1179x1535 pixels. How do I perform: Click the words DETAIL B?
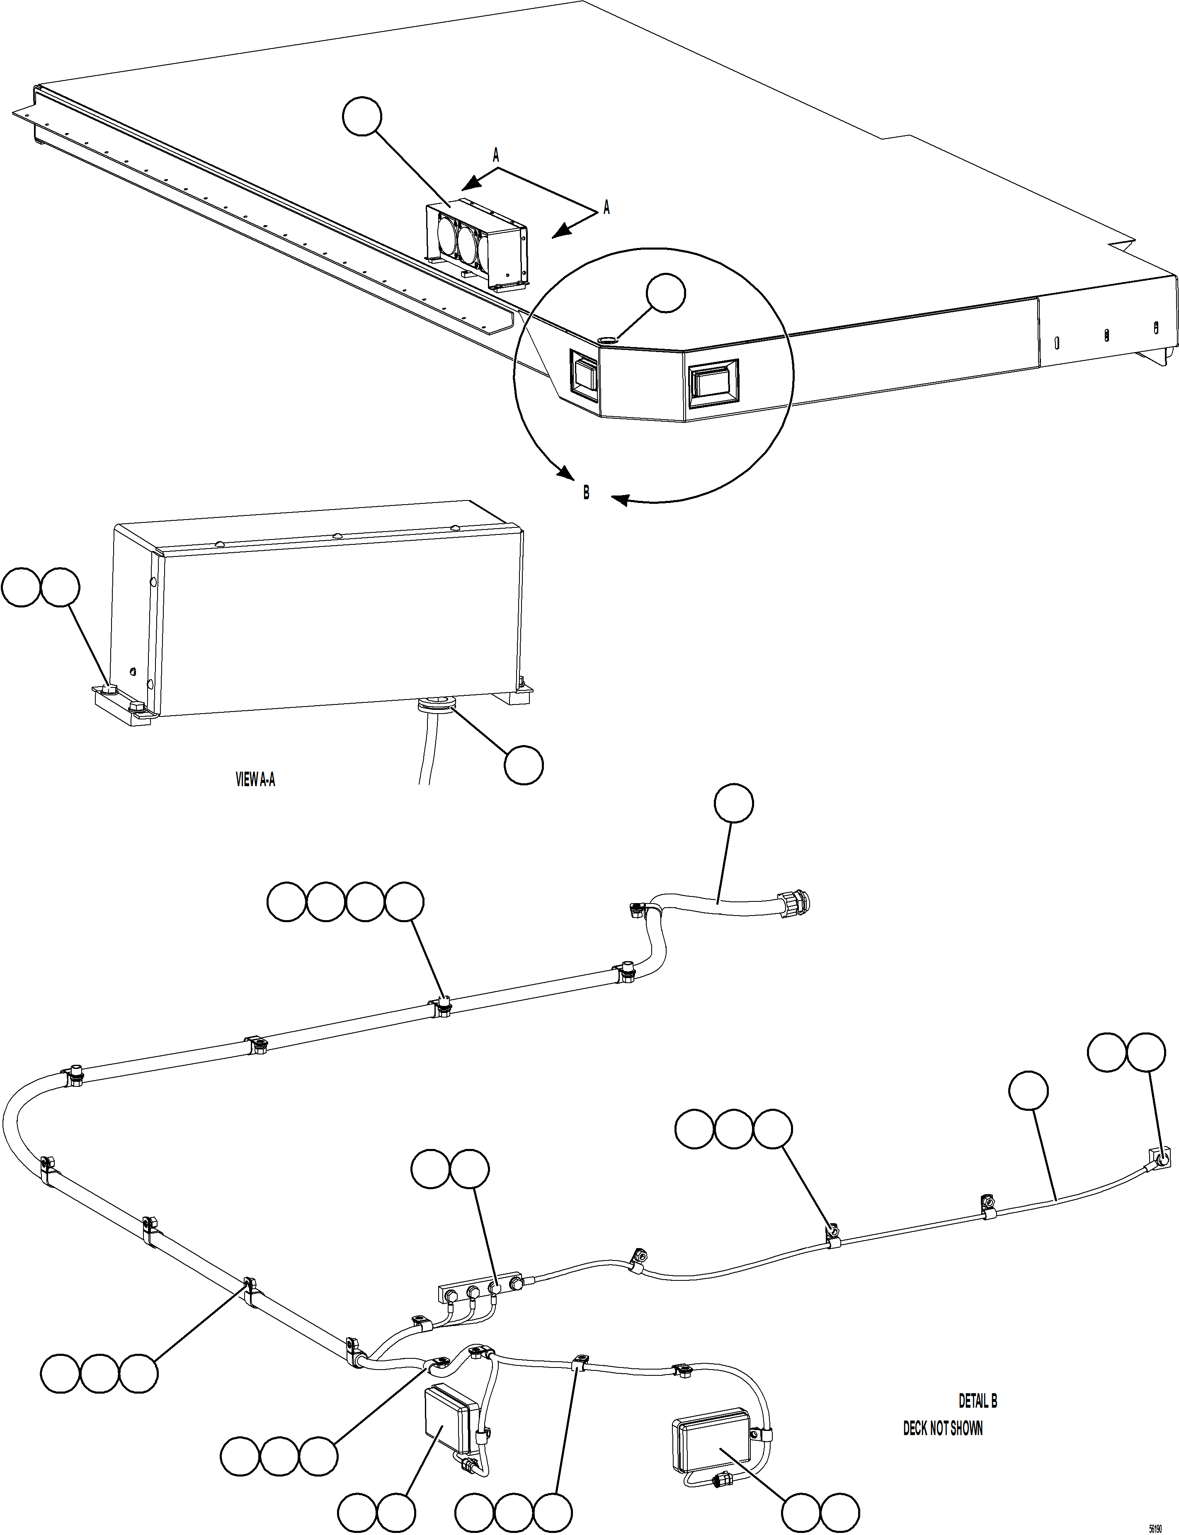click(x=978, y=1401)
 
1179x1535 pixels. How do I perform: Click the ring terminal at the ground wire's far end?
click(x=1162, y=1161)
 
